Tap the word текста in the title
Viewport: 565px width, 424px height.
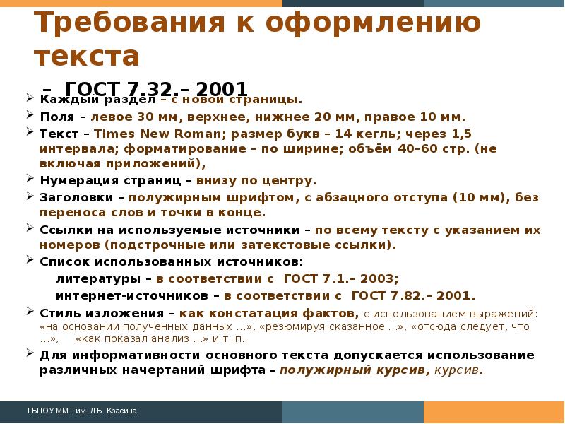(87, 56)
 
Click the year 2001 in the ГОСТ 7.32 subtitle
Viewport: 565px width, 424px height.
(222, 90)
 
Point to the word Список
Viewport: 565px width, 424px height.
(61, 261)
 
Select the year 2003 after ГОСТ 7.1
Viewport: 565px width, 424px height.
(381, 277)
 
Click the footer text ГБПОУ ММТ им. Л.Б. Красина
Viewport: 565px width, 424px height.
(82, 411)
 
